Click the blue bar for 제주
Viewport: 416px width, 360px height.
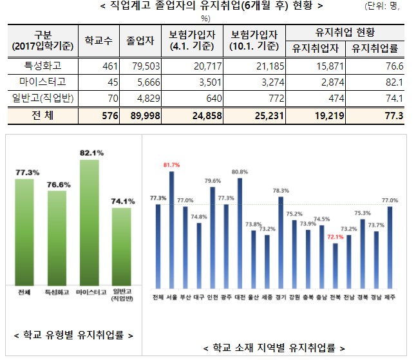390,247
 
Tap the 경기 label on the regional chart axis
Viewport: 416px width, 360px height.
280,297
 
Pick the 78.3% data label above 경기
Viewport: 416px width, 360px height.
281,191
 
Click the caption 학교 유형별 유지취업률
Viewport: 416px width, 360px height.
73,335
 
